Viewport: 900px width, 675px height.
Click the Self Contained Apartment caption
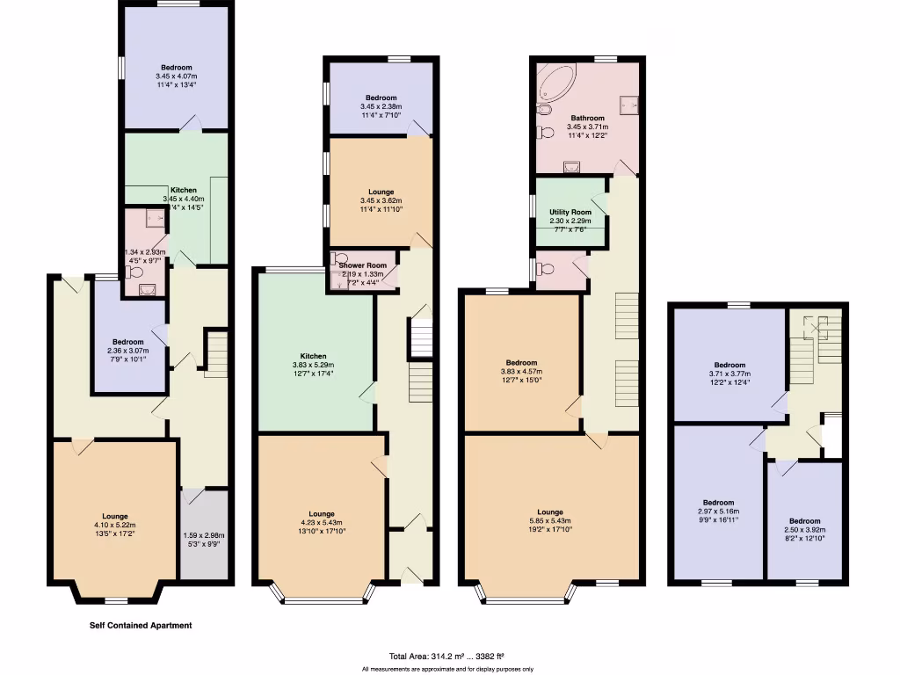tap(141, 626)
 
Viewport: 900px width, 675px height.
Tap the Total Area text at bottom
tap(446, 656)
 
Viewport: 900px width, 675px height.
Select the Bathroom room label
tap(587, 118)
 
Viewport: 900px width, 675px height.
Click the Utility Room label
tap(570, 212)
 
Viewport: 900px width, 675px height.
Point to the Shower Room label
tap(363, 265)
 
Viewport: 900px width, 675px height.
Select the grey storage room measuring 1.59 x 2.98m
tap(204, 534)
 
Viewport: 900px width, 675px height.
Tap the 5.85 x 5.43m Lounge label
tap(550, 512)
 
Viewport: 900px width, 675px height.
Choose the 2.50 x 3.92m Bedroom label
tap(804, 521)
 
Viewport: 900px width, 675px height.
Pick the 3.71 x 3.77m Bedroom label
tap(729, 365)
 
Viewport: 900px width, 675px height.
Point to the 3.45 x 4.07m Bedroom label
tap(176, 68)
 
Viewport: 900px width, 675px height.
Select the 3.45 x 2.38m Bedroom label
tap(381, 98)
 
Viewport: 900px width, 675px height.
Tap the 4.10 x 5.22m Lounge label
tap(114, 516)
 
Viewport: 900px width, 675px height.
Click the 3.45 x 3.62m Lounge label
tap(381, 192)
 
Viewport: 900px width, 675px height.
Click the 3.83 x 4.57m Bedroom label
tap(521, 362)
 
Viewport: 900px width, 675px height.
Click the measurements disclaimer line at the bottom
tap(447, 669)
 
